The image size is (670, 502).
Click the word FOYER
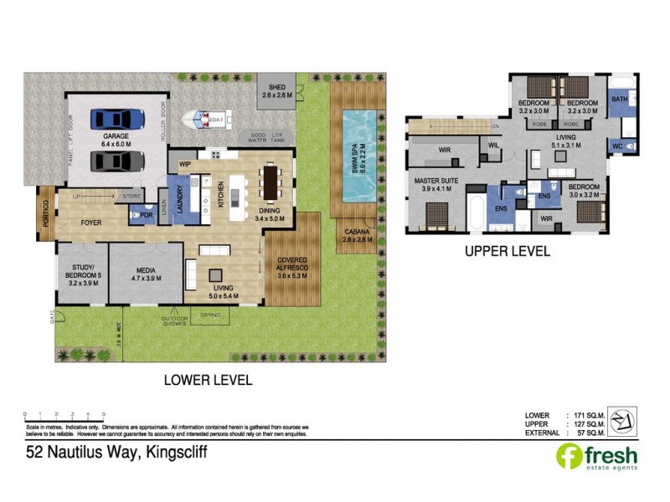pyautogui.click(x=91, y=223)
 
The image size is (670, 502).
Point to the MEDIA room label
pyautogui.click(x=146, y=272)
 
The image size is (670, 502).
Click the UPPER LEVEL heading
pyautogui.click(x=508, y=251)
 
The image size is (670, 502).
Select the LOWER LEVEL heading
pyautogui.click(x=208, y=379)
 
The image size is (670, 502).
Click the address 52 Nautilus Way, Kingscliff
pyautogui.click(x=115, y=453)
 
